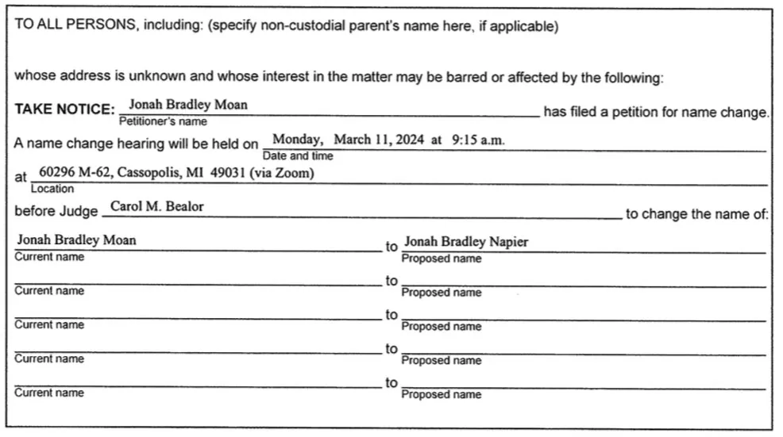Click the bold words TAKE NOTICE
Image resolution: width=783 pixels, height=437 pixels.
point(64,109)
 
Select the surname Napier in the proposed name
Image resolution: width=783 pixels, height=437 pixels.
point(508,242)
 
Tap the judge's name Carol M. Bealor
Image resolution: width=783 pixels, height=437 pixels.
point(156,206)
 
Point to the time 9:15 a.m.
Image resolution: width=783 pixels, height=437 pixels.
point(478,140)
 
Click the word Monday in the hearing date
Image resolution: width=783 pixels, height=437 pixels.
point(297,140)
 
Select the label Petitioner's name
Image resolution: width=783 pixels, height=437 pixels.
point(163,121)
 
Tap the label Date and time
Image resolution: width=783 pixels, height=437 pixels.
point(298,156)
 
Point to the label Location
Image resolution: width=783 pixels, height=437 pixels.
point(52,189)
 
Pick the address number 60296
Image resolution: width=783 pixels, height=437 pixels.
point(56,173)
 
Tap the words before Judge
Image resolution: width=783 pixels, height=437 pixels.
point(56,212)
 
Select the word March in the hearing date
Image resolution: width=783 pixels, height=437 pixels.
point(351,140)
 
